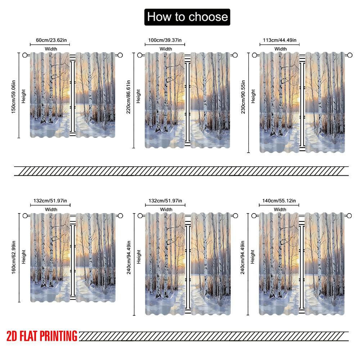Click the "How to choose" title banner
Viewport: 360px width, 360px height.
pos(187,17)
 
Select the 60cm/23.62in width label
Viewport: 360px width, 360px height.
pos(50,40)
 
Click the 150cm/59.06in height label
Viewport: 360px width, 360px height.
pos(13,95)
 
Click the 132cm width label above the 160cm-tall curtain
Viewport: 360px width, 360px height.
pos(50,201)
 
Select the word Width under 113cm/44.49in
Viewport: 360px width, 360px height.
pos(280,49)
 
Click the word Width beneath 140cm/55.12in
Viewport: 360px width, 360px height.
pos(280,209)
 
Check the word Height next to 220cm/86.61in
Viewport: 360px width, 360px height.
pos(139,96)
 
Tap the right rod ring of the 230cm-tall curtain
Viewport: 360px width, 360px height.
pos(349,55)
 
